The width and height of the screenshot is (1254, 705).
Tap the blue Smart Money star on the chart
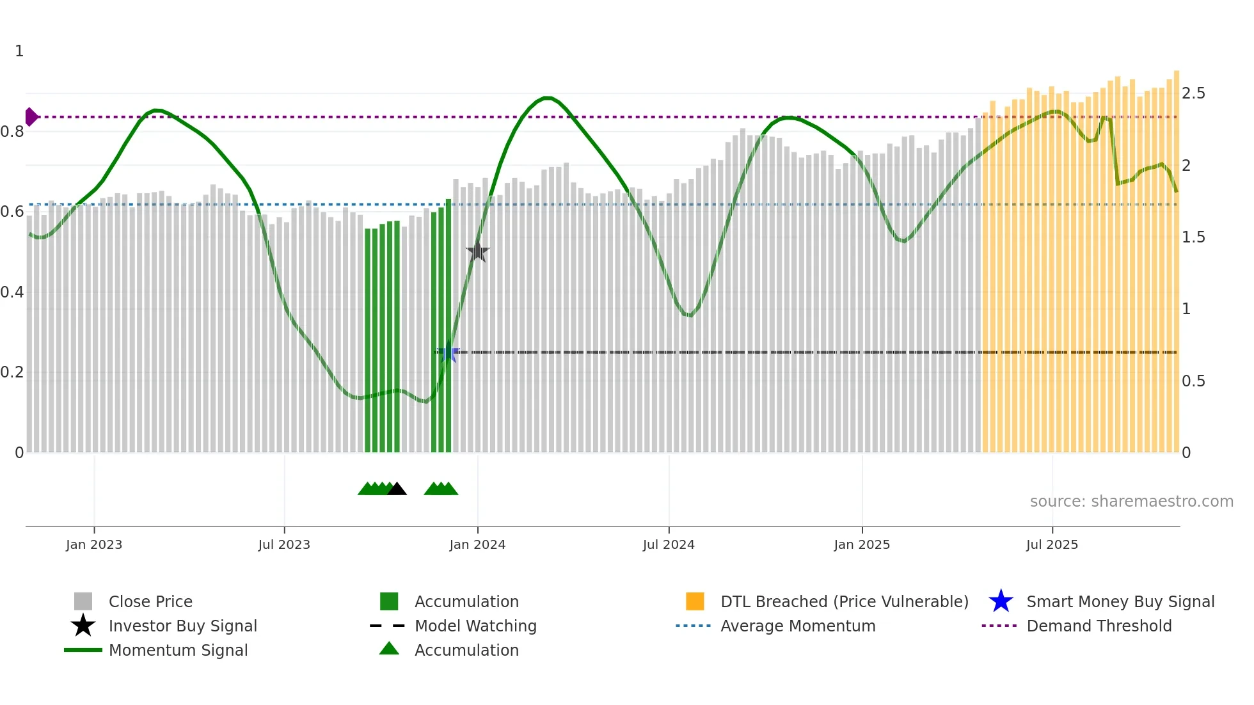coord(448,352)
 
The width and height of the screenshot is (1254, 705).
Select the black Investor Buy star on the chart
coord(477,251)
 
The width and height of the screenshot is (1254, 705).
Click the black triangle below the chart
coord(397,489)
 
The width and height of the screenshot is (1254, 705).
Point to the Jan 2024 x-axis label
coord(477,544)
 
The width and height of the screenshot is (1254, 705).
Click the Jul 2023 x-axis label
coord(284,544)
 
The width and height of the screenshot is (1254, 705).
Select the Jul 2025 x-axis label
coord(1052,544)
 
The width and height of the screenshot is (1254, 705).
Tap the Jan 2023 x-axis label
coord(94,544)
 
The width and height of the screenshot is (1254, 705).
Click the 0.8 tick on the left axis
coord(12,132)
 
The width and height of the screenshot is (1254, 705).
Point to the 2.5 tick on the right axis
coord(1193,93)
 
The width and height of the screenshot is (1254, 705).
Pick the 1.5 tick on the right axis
coord(1193,237)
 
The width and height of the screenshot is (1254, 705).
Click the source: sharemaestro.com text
coord(1131,502)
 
